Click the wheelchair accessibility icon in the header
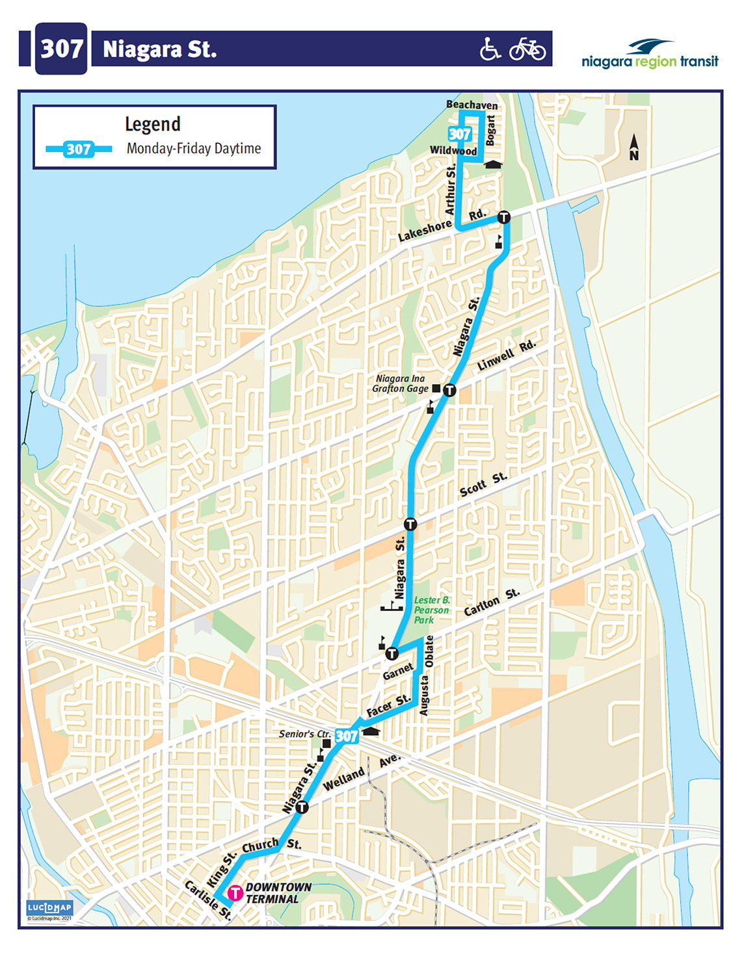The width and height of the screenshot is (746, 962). [490, 49]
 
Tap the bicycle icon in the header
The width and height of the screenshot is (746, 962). [527, 49]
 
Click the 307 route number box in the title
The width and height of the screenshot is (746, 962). [61, 49]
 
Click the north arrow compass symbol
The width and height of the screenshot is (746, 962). [633, 148]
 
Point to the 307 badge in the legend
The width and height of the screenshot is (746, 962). [79, 149]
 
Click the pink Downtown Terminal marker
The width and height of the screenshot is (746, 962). [235, 893]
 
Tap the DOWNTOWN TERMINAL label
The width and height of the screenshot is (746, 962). [278, 893]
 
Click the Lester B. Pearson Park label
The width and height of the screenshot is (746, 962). [431, 610]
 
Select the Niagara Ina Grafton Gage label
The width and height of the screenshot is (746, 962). [400, 383]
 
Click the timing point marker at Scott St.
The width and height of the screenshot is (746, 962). [410, 524]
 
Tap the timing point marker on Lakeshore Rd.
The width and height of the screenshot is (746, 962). [503, 217]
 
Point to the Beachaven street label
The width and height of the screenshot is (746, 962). [472, 105]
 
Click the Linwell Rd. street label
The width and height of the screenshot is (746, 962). [506, 356]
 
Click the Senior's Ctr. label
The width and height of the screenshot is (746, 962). [305, 734]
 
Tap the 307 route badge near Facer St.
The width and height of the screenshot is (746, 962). [347, 736]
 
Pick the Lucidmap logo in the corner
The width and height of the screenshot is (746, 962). [49, 908]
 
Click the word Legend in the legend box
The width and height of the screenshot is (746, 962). [153, 123]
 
